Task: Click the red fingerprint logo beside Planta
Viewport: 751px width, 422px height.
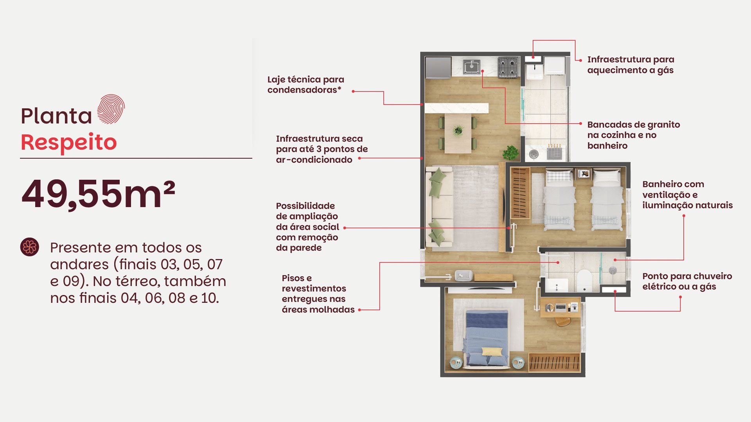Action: click(111, 109)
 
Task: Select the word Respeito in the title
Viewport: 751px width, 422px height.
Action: click(69, 142)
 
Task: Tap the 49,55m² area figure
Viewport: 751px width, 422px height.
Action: click(98, 194)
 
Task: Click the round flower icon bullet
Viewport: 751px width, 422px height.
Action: click(30, 247)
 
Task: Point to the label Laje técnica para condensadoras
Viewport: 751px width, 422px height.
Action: click(305, 85)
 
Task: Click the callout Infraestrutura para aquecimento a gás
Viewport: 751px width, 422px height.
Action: click(631, 65)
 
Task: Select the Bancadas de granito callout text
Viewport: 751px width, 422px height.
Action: click(633, 135)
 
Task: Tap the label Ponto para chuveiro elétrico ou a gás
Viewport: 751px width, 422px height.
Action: click(687, 281)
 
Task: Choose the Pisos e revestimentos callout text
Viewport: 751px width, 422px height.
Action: click(318, 294)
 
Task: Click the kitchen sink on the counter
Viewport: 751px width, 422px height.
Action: click(472, 67)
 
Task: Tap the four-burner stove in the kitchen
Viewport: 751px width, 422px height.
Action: click(508, 67)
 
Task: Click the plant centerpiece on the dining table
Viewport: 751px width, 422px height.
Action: click(458, 131)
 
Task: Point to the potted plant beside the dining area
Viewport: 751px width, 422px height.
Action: click(510, 153)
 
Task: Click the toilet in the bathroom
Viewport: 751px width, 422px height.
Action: click(584, 280)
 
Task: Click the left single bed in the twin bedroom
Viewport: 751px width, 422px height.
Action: click(559, 199)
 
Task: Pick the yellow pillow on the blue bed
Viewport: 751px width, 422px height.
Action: click(492, 351)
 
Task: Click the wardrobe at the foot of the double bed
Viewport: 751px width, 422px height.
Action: click(554, 362)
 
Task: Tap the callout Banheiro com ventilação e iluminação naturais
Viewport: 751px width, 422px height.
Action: click(687, 195)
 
